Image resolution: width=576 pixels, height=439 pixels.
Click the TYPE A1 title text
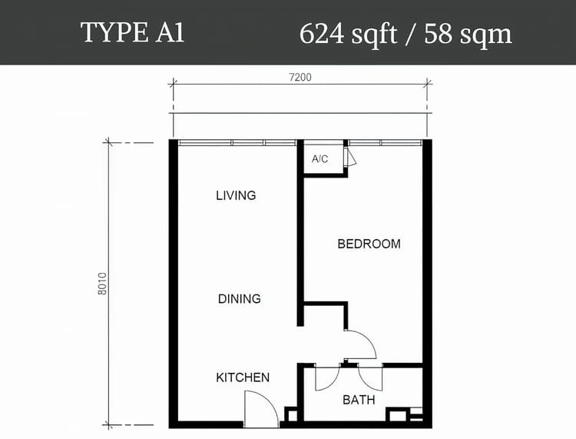click(x=132, y=33)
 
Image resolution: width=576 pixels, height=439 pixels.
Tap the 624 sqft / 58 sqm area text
click(x=406, y=33)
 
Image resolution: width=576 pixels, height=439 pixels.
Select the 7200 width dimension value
click(x=300, y=77)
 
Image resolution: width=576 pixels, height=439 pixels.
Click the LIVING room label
click(x=236, y=195)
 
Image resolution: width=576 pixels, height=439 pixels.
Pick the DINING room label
click(x=239, y=298)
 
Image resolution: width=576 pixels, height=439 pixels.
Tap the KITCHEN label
click(x=243, y=377)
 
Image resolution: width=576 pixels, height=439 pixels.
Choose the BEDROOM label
click(x=369, y=244)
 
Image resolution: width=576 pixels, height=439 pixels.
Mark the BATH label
click(x=359, y=400)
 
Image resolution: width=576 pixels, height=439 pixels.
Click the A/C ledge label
click(x=320, y=159)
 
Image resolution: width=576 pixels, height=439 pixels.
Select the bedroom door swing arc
click(x=359, y=344)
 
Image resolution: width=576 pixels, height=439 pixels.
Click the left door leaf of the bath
click(x=326, y=376)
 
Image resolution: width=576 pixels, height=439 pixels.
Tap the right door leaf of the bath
click(x=370, y=376)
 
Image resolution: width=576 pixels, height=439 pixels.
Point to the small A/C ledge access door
click(x=351, y=158)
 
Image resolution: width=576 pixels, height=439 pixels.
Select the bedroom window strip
click(x=385, y=142)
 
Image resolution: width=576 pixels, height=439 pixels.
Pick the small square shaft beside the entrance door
click(x=291, y=414)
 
